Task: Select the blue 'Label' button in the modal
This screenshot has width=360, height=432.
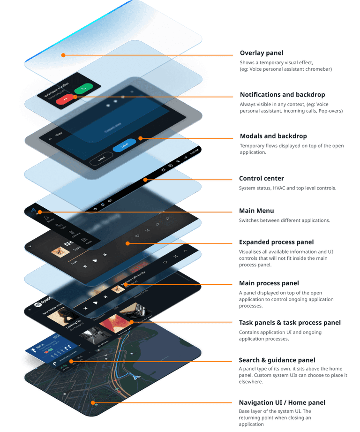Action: coord(124,146)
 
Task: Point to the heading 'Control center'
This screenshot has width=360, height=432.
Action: coord(262,179)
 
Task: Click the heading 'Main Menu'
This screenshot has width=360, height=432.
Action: coord(256,211)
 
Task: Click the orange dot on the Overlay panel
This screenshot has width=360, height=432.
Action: coord(63,55)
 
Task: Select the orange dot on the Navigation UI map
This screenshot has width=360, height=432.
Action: coord(94,402)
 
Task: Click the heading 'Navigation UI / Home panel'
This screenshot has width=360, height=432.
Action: coord(282,402)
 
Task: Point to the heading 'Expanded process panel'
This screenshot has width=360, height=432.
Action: coord(277,243)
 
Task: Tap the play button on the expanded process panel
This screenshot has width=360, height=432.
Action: coord(95,260)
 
